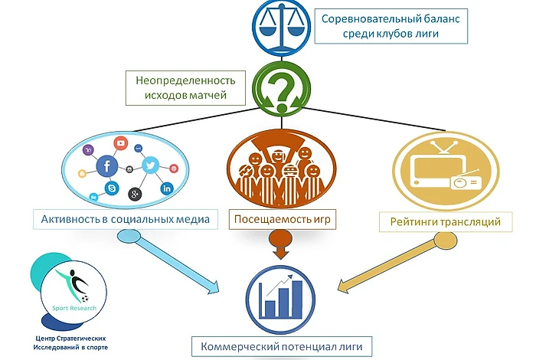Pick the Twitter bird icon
[x=150, y=164]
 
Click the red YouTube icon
[x=119, y=143]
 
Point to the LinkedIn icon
[x=167, y=188]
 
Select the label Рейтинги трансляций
[x=445, y=221]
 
